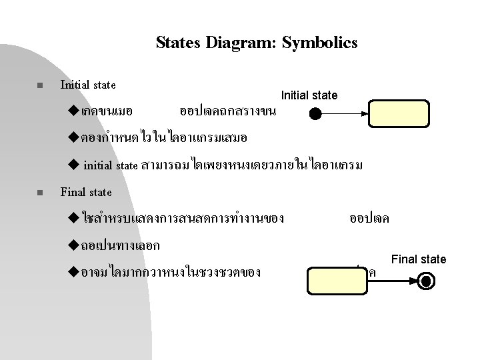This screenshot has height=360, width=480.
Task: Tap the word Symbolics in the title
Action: point(320,43)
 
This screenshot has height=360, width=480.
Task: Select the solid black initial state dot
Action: point(315,114)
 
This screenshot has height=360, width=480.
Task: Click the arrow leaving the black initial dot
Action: point(344,114)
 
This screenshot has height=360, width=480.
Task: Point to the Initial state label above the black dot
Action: point(309,95)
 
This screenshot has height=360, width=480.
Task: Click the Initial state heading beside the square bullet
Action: point(88,85)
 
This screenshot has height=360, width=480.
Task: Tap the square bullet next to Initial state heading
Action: point(39,86)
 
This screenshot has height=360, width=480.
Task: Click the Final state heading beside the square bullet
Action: point(86,193)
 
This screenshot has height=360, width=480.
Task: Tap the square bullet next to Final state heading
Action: point(39,193)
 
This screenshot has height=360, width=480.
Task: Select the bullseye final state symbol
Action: point(427,281)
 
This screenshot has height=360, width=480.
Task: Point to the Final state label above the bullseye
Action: point(419,259)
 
